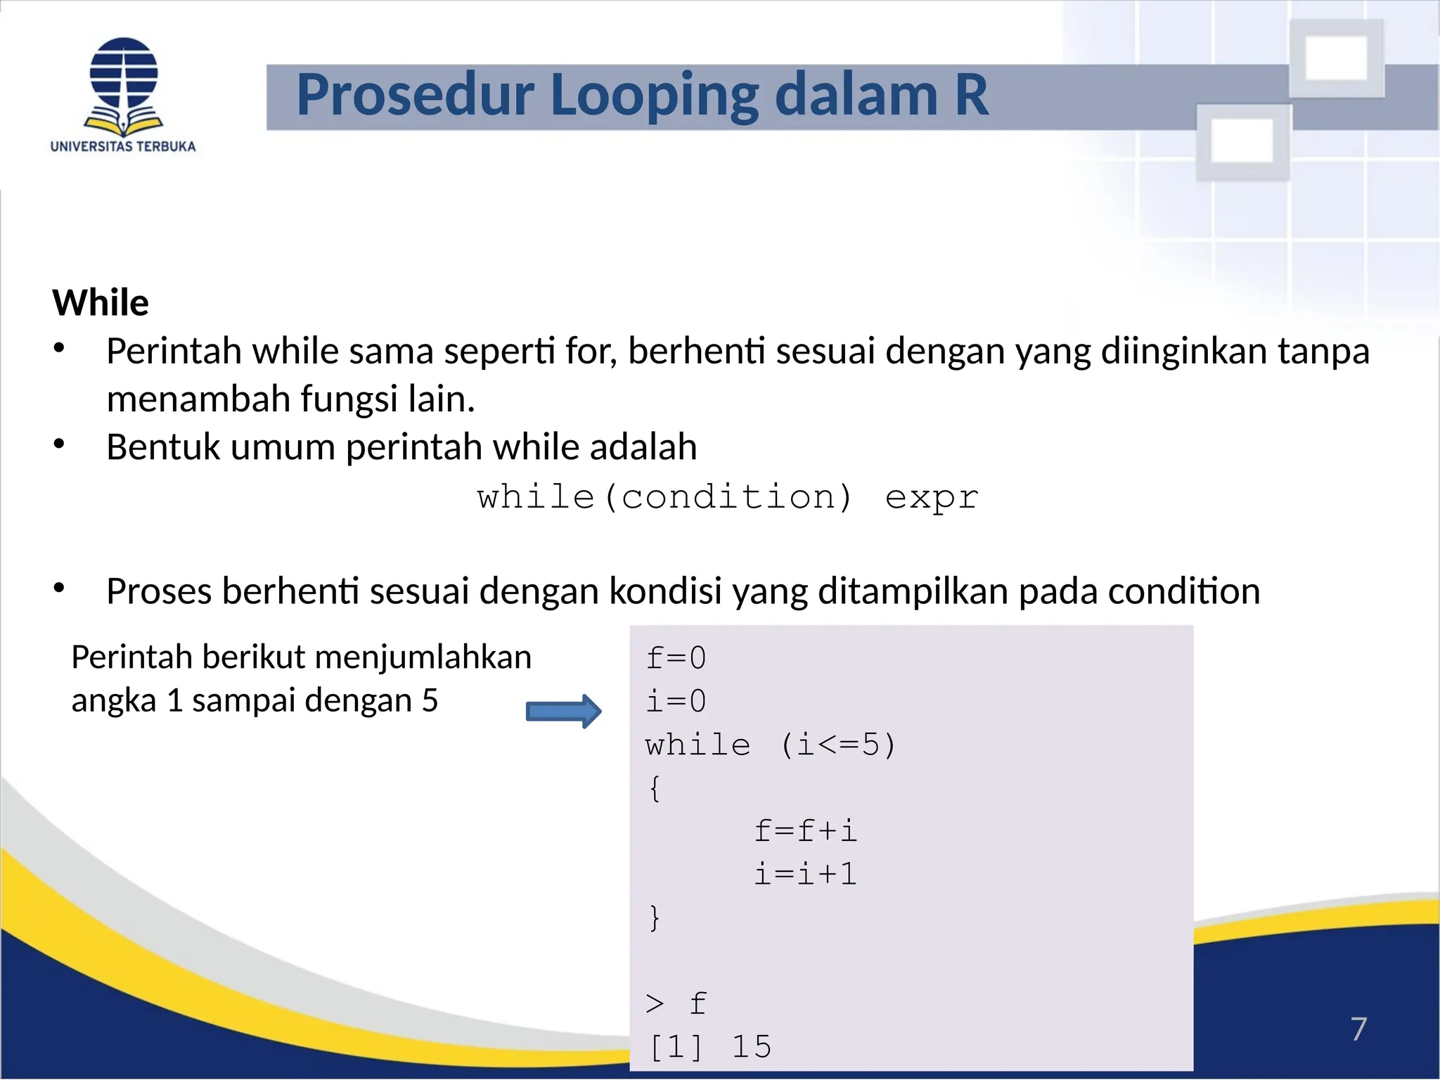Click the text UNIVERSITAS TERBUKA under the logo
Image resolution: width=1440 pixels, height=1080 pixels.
pos(123,147)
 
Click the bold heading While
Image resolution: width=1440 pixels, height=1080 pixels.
pos(101,303)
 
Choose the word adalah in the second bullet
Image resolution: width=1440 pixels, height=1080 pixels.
pos(643,447)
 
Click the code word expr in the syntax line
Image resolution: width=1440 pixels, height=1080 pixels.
pos(932,498)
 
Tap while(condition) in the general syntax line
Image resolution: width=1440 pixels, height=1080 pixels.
pos(664,498)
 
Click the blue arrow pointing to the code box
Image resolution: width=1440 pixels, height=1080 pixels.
pos(563,712)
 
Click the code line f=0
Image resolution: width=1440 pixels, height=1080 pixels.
pos(676,659)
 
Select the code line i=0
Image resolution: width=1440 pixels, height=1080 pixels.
pos(676,702)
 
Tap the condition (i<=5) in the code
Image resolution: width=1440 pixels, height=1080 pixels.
pos(838,745)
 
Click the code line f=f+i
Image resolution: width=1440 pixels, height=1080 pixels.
pos(805,832)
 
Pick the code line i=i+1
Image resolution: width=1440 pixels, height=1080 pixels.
pos(805,875)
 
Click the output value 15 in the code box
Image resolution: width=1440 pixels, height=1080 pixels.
pos(752,1047)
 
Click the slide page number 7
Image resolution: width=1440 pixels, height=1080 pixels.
pos(1358,1029)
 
